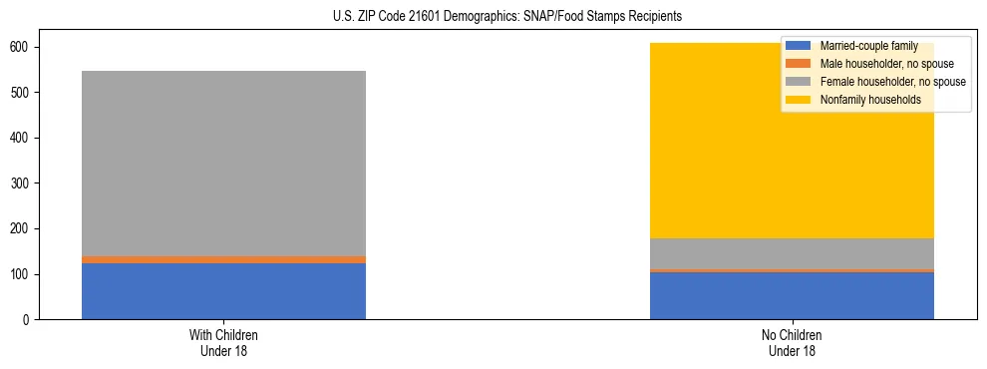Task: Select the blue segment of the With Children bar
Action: coord(223,291)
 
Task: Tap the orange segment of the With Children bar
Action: coord(223,259)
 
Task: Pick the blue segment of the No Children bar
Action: coord(792,295)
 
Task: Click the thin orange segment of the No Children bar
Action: coord(792,270)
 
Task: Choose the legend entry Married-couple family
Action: coord(868,46)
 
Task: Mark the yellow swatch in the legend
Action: coord(799,100)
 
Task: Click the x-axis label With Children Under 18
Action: coord(223,342)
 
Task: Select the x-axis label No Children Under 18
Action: coord(792,342)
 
